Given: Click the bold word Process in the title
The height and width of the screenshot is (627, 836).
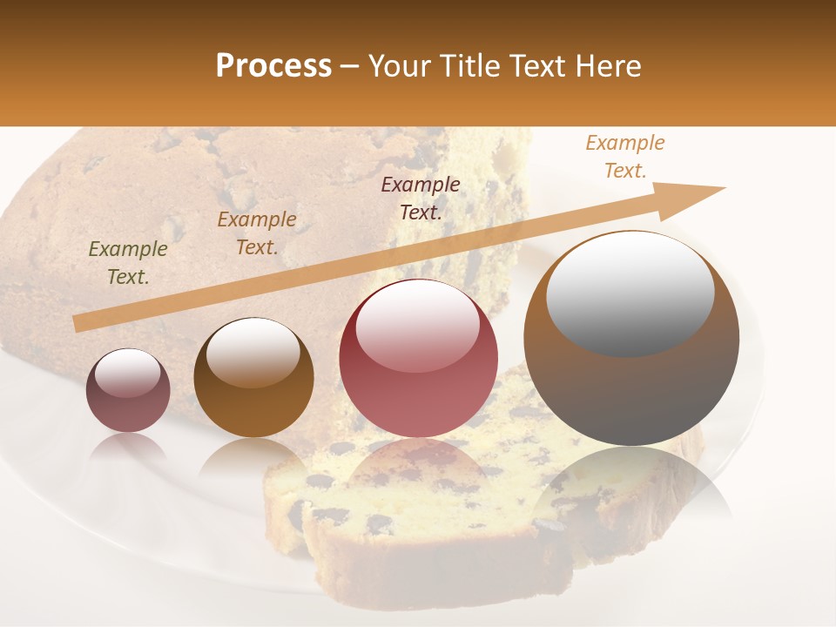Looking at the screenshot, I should coord(273,66).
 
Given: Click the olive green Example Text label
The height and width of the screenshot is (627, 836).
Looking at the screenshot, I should coord(128,263).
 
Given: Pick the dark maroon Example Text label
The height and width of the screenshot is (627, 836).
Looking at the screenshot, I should coord(421,198).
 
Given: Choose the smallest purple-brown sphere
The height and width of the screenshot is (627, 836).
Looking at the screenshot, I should coord(128,390).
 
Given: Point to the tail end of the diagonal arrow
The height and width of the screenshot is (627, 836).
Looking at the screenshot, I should coord(78,323).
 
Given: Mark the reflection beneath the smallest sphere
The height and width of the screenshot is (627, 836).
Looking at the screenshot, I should coord(128,448).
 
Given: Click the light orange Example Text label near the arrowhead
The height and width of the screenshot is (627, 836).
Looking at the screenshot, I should coord(625,156).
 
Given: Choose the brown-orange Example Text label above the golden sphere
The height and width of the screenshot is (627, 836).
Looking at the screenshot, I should coord(257,233).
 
